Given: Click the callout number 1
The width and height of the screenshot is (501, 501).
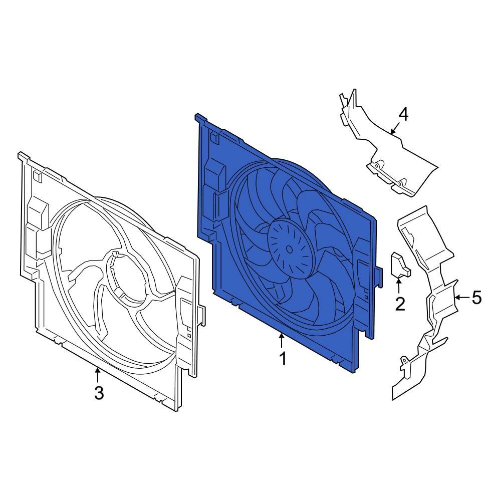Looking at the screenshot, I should pyautogui.click(x=283, y=359).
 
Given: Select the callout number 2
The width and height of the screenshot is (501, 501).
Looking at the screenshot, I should pyautogui.click(x=399, y=304).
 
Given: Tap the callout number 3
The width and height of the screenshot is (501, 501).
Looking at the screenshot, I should pyautogui.click(x=99, y=393).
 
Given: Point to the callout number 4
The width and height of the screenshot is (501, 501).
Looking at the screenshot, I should pyautogui.click(x=403, y=115).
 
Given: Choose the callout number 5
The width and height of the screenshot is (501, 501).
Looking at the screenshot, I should pyautogui.click(x=476, y=298).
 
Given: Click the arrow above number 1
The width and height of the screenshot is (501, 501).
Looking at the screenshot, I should pyautogui.click(x=282, y=341).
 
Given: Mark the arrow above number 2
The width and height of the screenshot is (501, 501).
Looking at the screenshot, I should pyautogui.click(x=399, y=285).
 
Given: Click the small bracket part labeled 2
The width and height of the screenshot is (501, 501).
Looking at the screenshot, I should pyautogui.click(x=399, y=265).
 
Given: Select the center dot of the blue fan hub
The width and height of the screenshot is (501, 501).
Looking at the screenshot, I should pyautogui.click(x=290, y=248).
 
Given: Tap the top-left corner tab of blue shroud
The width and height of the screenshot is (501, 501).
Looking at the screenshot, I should pyautogui.click(x=200, y=119).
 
